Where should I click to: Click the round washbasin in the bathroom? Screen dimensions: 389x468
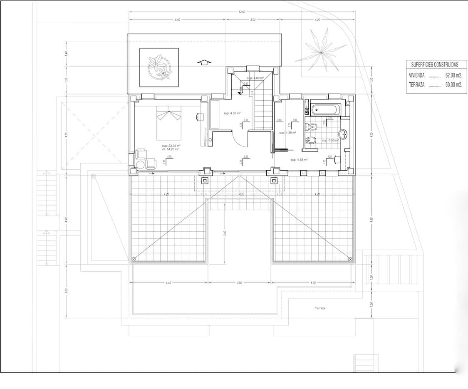[x=343, y=134]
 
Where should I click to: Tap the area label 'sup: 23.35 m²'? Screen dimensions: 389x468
[x=170, y=146]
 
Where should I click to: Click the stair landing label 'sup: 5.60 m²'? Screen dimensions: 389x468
[x=255, y=78]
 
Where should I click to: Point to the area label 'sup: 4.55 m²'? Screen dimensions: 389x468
[x=299, y=159]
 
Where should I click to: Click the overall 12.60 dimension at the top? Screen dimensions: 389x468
[x=242, y=12]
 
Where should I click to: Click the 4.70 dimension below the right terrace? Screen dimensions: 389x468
[x=313, y=283]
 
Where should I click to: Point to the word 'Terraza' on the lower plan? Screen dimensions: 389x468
[x=320, y=308]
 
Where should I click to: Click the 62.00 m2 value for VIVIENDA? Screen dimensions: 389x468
[x=453, y=76]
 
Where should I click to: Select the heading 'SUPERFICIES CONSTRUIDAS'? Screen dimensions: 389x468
[x=434, y=64]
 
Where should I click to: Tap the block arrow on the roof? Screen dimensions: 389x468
[x=203, y=62]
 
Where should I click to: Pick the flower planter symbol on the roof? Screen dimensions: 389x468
[x=159, y=67]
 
